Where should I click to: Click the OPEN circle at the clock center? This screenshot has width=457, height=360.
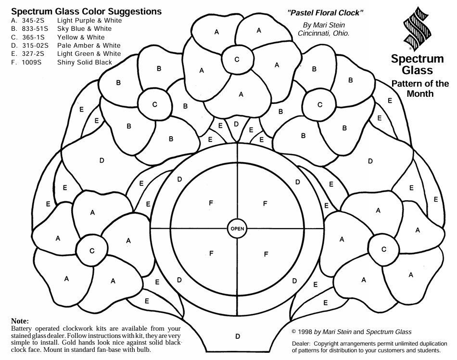coord(237,229)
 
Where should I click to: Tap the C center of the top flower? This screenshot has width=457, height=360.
coord(237,60)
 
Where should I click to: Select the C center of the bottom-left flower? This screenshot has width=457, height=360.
coord(92,250)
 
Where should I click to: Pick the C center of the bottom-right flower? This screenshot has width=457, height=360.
coord(383,249)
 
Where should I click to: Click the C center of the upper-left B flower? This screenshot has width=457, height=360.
coord(154,104)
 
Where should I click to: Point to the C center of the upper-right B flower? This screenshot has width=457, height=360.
coord(319,103)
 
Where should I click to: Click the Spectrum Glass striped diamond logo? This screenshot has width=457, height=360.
coord(417,29)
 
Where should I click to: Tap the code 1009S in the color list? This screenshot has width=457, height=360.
coord(33,63)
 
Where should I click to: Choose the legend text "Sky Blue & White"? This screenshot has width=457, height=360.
coord(84,29)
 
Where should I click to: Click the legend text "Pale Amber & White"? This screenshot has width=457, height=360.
coord(89,46)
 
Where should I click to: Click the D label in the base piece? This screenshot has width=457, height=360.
coord(237,336)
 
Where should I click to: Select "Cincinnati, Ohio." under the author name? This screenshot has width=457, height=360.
coord(323,33)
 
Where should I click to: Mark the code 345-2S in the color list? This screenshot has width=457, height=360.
coord(33,21)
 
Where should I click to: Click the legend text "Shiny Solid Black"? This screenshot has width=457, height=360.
coord(84,63)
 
